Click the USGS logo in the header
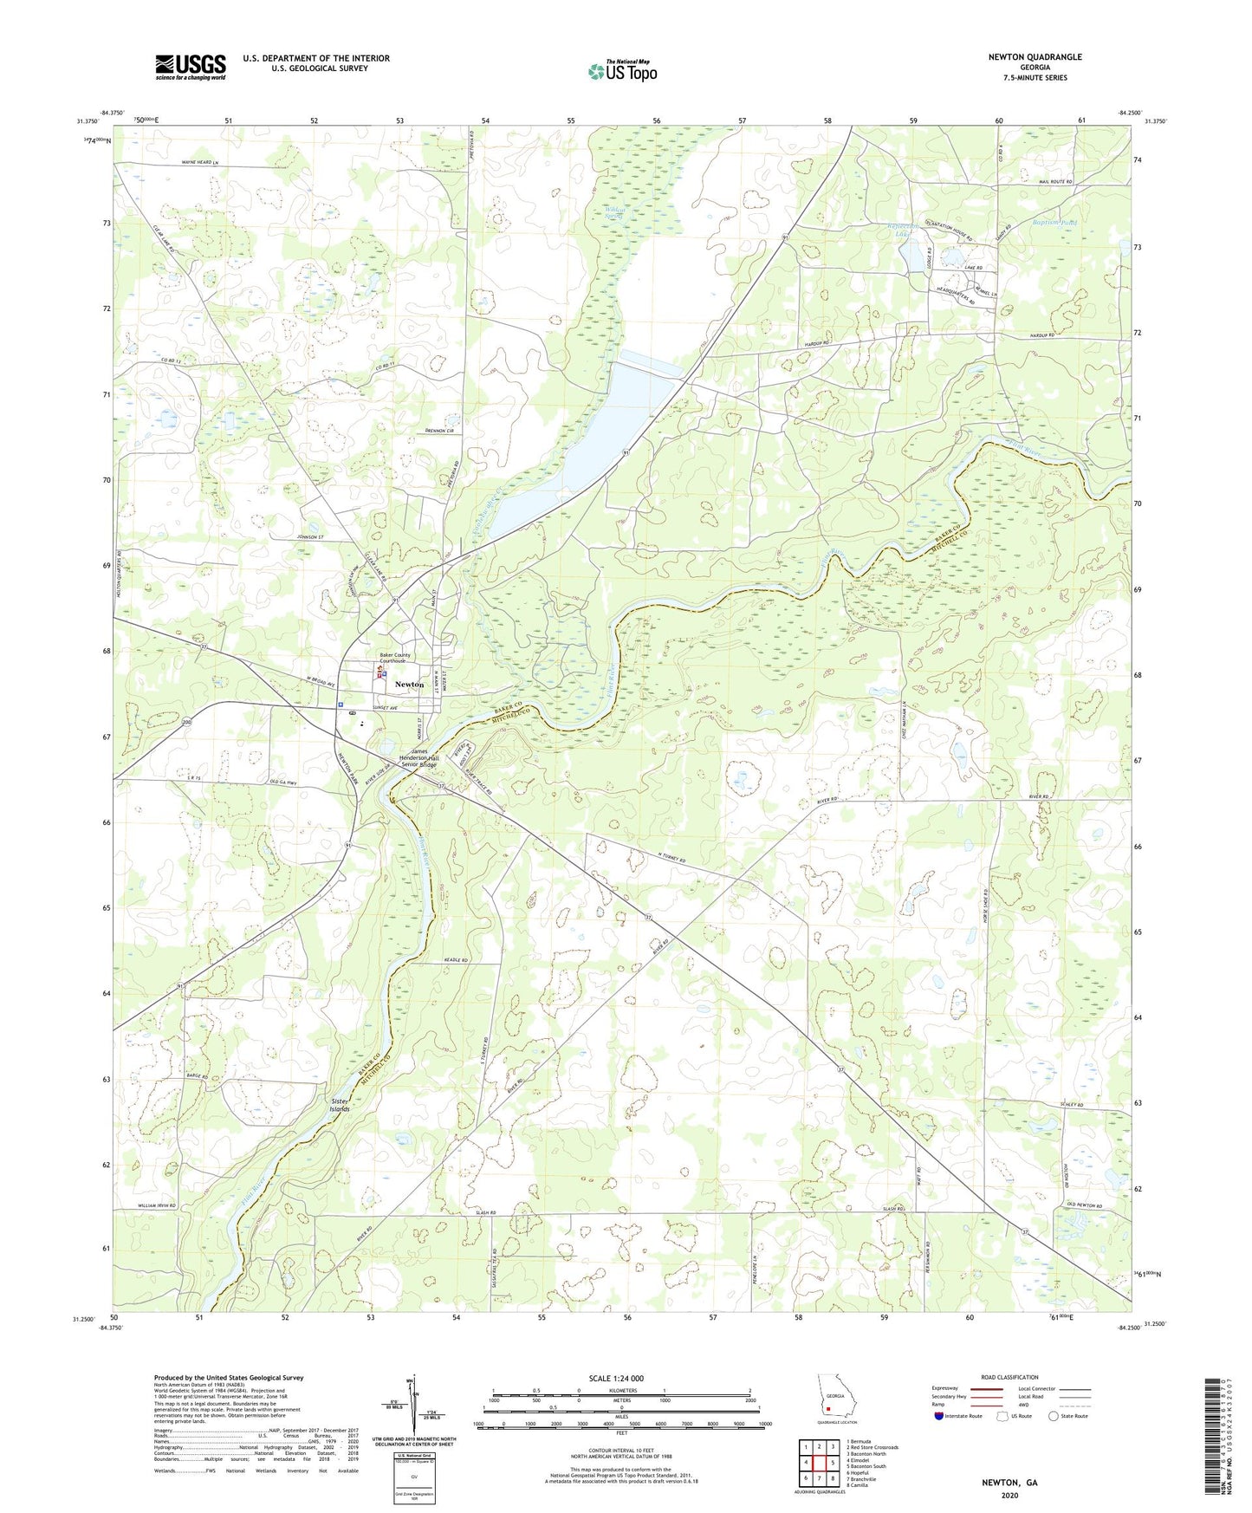coord(191,66)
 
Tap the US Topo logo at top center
coord(622,71)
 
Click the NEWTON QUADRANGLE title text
coord(1035,57)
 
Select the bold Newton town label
coord(409,685)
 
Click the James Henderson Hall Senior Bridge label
coord(419,758)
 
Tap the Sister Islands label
coord(340,1105)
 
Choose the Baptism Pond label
coord(1054,223)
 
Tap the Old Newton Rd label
coord(1084,1205)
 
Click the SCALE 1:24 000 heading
coord(621,1379)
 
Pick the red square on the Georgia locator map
coord(827,1408)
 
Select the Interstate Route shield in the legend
coord(938,1416)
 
